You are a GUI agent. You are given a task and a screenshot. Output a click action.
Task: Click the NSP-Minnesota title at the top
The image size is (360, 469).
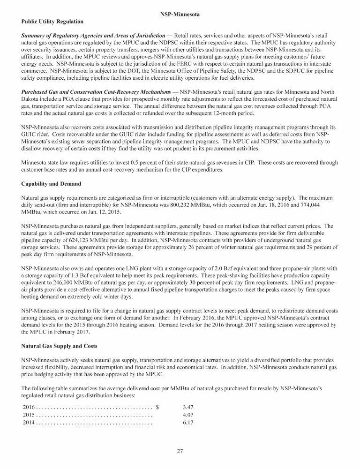click(180, 15)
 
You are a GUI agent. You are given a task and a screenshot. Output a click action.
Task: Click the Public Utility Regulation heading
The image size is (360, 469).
click(52, 22)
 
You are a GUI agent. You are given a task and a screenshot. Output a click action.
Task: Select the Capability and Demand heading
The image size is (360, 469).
click(51, 183)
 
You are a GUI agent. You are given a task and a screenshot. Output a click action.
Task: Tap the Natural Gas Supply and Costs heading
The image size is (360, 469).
click(59, 346)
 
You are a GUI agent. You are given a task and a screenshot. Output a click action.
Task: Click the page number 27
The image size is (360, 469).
click(180, 451)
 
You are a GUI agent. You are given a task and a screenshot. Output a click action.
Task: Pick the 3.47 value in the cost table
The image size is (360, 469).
click(188, 403)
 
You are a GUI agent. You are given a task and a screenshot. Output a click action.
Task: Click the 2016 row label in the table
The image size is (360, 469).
click(29, 403)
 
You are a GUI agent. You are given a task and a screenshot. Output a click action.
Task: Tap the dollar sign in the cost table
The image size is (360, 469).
click(157, 403)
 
